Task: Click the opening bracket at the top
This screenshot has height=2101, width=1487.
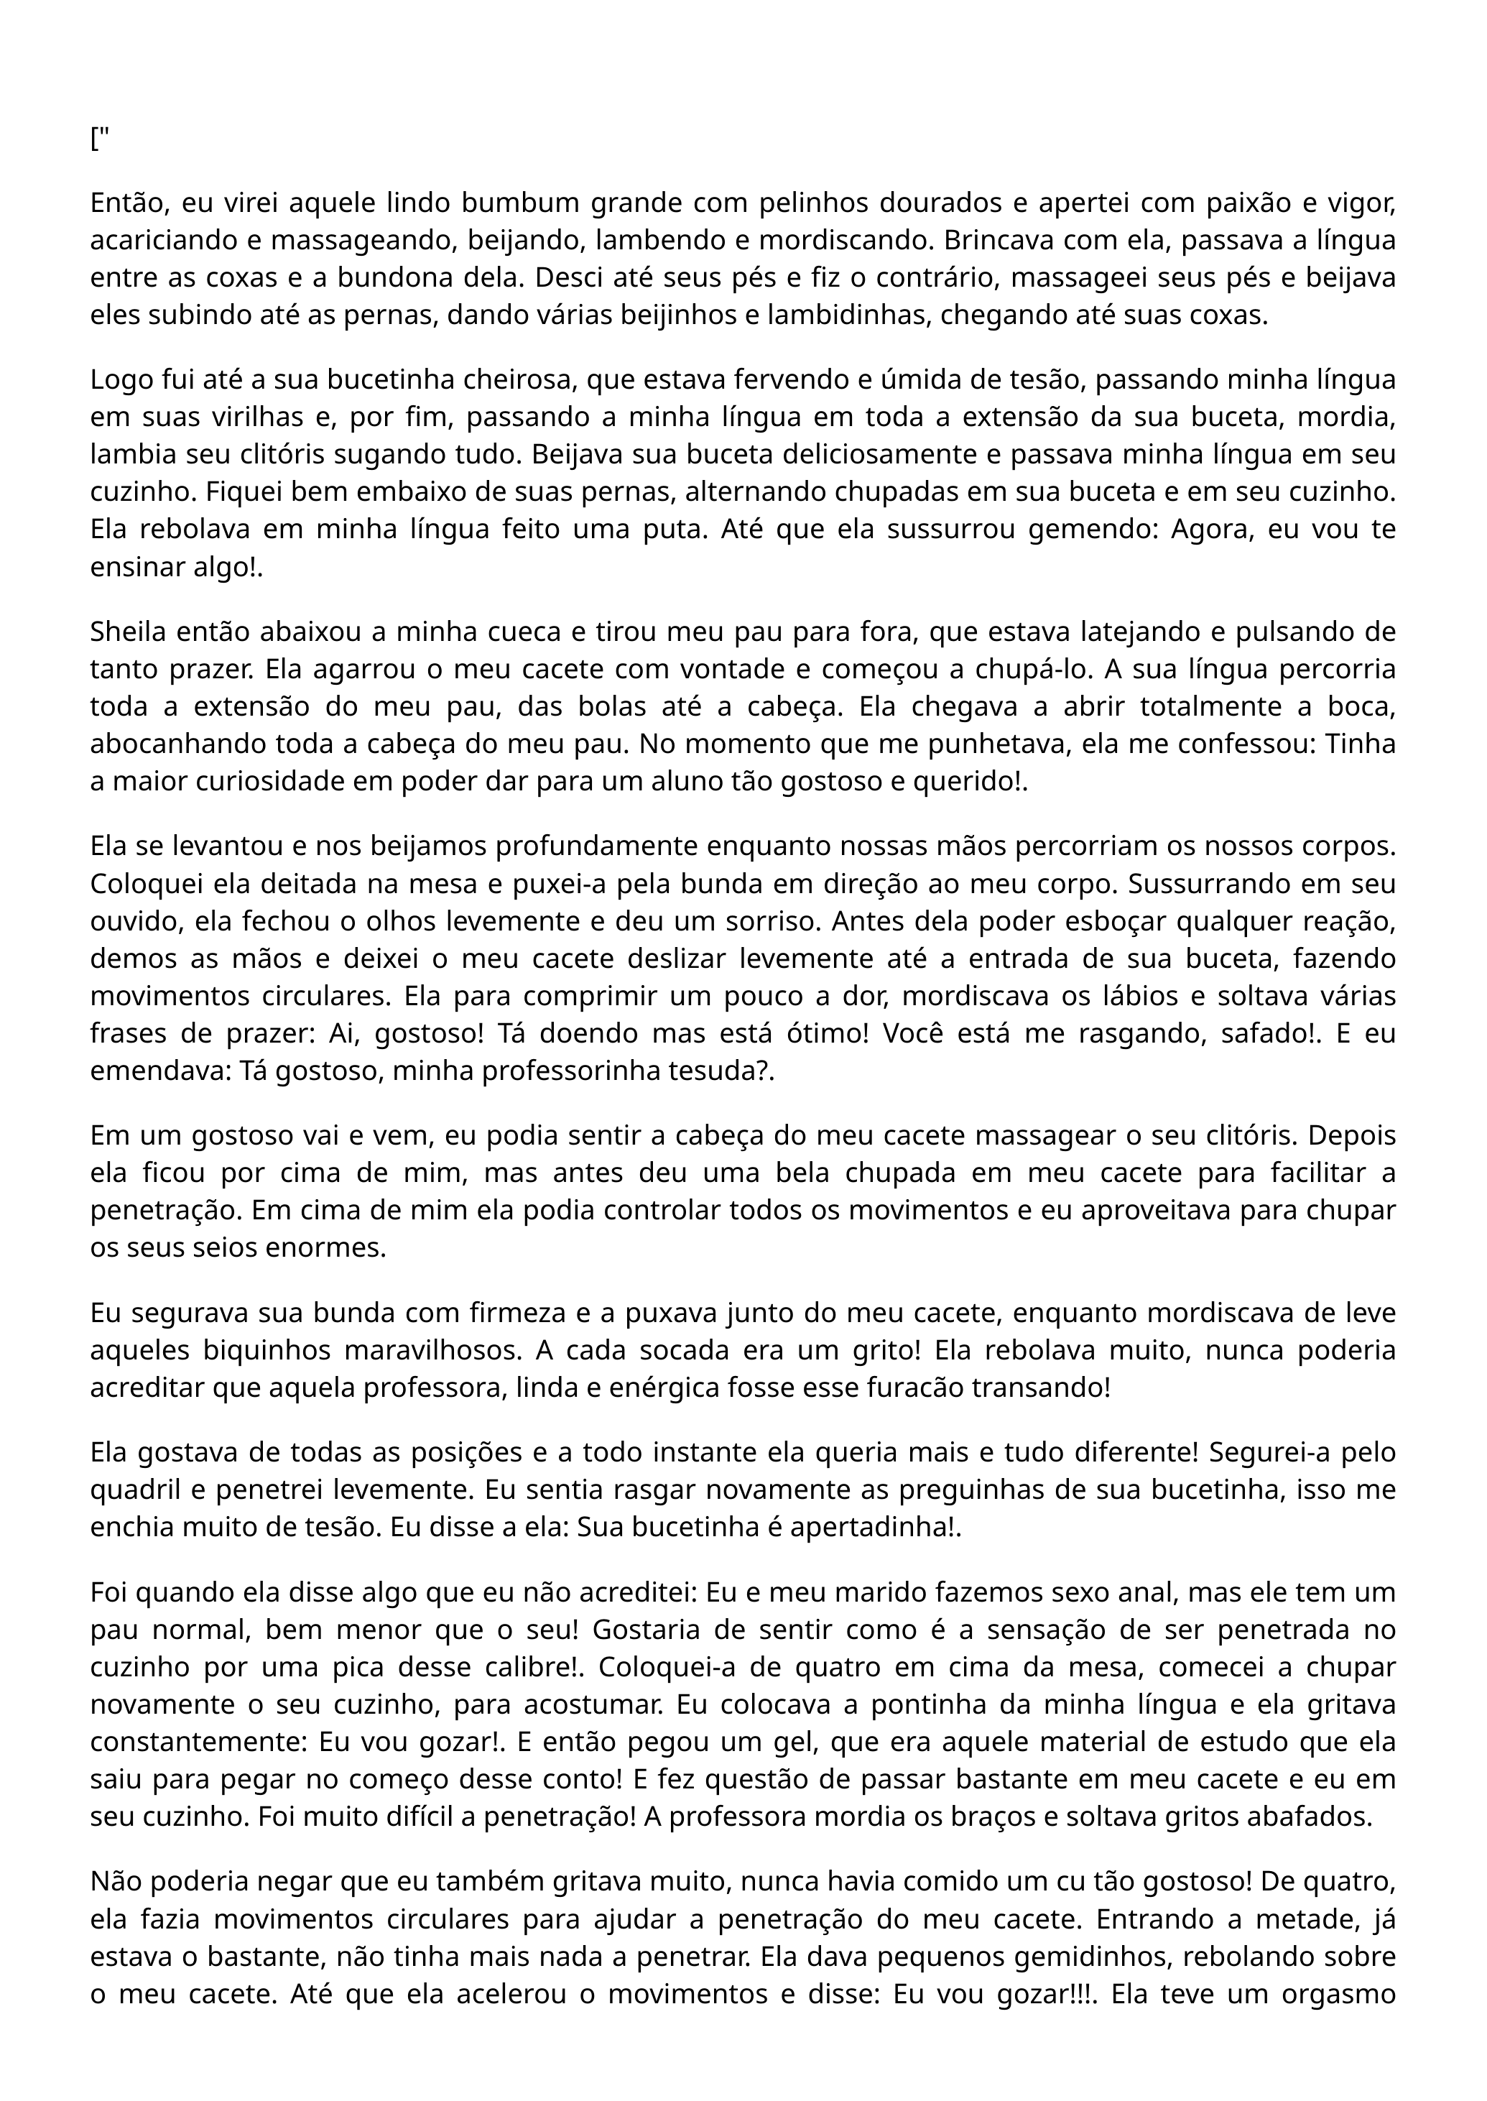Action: [94, 140]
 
